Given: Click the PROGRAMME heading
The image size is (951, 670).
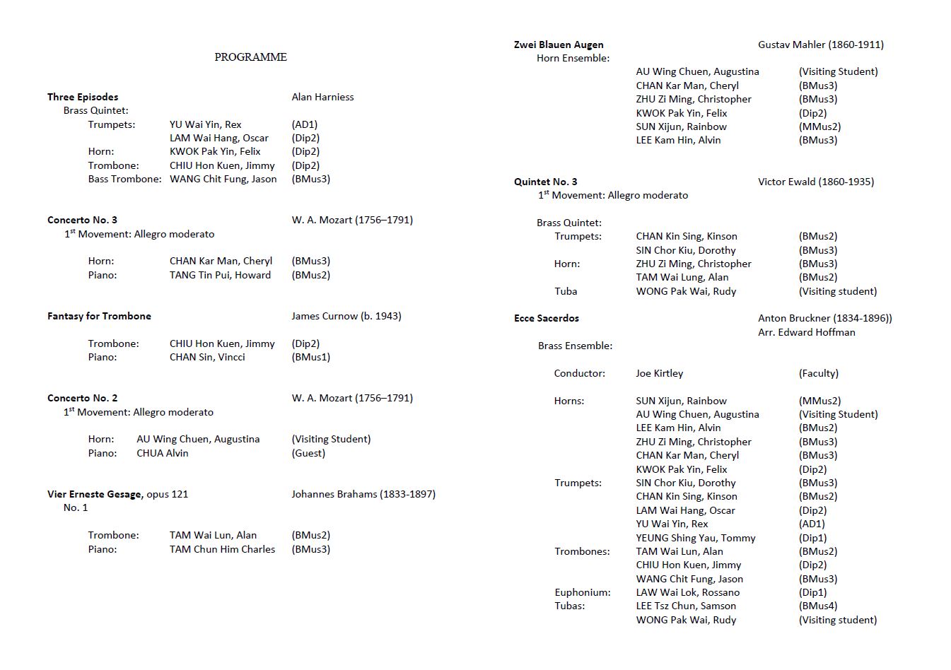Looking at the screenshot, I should (250, 57).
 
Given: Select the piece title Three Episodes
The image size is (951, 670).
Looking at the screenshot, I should (83, 97).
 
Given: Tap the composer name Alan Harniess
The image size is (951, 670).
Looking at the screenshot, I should (322, 97).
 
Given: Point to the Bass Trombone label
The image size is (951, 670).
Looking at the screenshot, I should (124, 179).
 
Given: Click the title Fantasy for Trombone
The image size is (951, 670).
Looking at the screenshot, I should (99, 316).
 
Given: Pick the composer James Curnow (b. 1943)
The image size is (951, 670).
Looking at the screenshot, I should (346, 316).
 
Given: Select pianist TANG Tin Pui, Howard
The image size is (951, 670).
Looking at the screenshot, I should (220, 275).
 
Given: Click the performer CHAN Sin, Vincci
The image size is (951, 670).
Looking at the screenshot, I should (207, 357).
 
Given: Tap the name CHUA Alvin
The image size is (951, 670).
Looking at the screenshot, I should (163, 453).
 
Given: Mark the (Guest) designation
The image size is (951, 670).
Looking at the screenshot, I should (308, 453).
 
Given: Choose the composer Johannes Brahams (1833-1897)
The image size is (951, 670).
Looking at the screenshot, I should (363, 494).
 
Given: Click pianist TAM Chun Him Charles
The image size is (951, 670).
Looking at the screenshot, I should (222, 549).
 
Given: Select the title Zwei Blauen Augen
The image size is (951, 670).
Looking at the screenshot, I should (559, 45).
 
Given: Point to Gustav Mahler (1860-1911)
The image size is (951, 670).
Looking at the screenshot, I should (820, 45).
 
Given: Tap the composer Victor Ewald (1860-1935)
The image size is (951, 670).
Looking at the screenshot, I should (815, 182).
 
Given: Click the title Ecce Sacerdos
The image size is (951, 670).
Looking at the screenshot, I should (546, 318).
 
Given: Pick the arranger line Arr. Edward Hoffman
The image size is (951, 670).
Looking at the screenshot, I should (806, 332).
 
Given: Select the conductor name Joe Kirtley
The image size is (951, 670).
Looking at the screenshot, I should (659, 373).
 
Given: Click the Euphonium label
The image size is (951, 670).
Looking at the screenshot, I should (582, 592).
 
